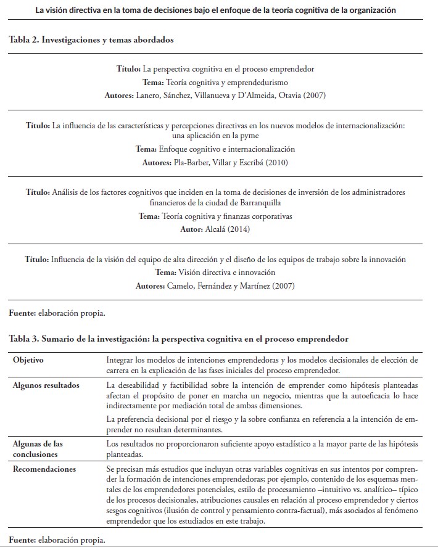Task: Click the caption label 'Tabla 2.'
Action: [x=26, y=39]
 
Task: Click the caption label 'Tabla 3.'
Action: [x=26, y=339]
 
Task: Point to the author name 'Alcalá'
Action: [x=212, y=229]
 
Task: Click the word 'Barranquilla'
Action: [x=258, y=203]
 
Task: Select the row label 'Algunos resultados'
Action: [x=46, y=385]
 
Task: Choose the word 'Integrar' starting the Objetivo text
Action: [x=121, y=359]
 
